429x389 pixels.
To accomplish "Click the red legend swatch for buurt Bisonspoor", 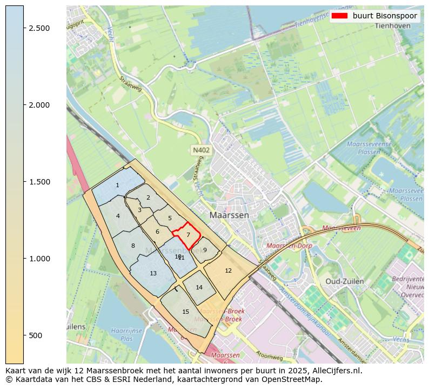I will coord(340,16).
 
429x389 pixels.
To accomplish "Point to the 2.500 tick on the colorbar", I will coord(24,28).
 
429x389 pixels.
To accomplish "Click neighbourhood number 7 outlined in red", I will coord(188,235).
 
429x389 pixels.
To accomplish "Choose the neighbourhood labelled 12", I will coord(228,271).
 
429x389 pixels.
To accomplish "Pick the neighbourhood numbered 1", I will coord(117,186).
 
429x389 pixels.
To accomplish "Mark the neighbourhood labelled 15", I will coord(185,312).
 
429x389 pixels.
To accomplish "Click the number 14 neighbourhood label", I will coord(199,287).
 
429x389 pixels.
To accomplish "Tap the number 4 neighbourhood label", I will coord(118,216).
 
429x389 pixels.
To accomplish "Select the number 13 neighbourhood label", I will coord(153,274).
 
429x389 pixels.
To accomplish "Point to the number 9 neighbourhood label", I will coord(205,250).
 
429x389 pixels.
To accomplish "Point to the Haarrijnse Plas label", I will coord(126,334).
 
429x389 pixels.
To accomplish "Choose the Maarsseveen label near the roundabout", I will coord(341,229).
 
